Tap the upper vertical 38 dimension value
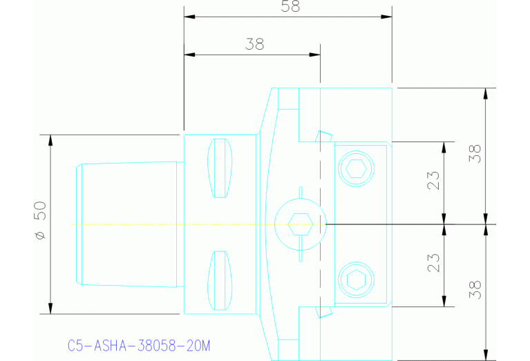click(474, 153)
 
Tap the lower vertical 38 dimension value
click(474, 289)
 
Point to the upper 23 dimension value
click(434, 181)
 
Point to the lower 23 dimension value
click(434, 262)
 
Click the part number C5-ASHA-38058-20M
click(139, 344)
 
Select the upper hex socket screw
click(356, 168)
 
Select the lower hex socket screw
click(356, 280)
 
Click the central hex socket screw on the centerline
click(299, 224)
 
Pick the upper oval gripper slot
click(220, 168)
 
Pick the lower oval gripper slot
click(220, 280)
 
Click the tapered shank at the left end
click(128, 224)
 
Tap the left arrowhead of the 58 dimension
click(188, 16)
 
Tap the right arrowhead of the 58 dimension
click(388, 16)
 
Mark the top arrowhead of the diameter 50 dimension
click(50, 139)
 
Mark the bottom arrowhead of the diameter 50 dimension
click(50, 309)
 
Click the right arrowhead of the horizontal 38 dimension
click(316, 54)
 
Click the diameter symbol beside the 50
click(40, 236)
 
